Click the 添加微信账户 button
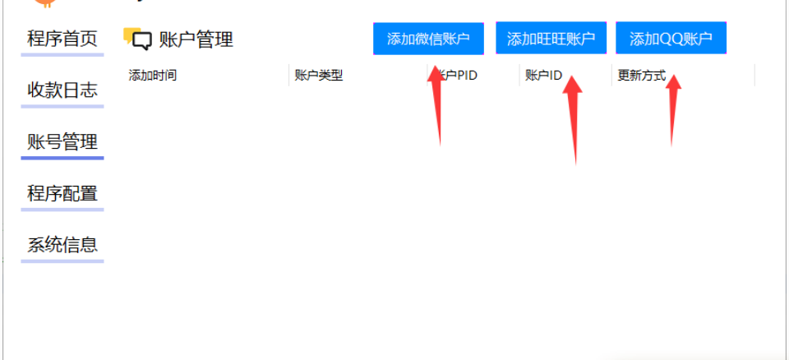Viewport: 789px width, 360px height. coord(428,39)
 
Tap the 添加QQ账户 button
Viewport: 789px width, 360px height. coord(671,39)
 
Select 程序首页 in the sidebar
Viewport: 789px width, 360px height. coord(62,39)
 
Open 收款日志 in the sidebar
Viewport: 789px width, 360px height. coord(62,90)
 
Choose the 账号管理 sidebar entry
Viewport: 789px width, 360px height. coord(62,142)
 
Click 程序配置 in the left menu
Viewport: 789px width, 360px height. coord(62,193)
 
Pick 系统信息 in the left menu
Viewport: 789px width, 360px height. coord(62,245)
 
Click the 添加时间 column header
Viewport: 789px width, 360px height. coord(153,76)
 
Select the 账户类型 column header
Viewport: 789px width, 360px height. coord(319,76)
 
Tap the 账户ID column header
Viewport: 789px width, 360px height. coord(543,76)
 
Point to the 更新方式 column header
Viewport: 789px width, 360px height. coord(642,76)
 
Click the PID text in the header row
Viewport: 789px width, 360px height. coord(467,76)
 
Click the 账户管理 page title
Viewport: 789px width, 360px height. coord(196,39)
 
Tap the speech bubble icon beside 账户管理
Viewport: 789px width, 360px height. coord(137,39)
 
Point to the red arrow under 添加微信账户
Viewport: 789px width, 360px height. coord(436,107)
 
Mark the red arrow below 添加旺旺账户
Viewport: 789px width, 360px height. coord(573,119)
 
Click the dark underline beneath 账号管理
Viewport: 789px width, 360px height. coord(62,158)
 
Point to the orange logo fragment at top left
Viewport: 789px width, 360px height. coord(44,3)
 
